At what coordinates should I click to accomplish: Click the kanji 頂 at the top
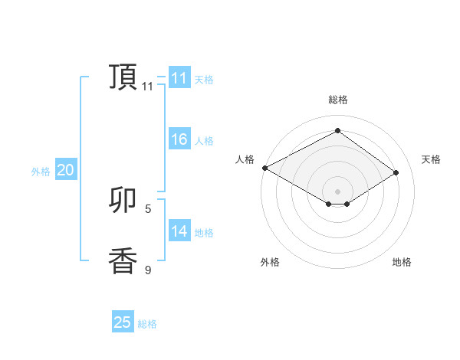tap(123, 77)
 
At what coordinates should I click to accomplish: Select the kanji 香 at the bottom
tap(123, 261)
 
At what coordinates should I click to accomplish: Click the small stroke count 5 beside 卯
tap(148, 208)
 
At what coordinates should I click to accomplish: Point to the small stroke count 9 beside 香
tap(148, 270)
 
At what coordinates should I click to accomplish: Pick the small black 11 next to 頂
tap(148, 87)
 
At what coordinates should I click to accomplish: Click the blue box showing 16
tap(179, 140)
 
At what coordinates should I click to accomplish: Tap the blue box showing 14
tap(179, 231)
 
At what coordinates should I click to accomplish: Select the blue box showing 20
tap(65, 171)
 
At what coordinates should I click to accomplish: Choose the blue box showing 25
tap(123, 322)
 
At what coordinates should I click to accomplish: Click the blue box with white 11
tap(179, 78)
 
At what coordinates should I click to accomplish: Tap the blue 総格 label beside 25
tap(147, 324)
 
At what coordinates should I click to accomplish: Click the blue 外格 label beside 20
tap(41, 172)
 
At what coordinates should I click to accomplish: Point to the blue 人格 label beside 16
tap(204, 141)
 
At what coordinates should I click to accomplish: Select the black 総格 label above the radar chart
tap(337, 100)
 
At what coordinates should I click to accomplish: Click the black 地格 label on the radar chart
tap(402, 262)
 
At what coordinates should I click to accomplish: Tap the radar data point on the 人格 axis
tap(264, 168)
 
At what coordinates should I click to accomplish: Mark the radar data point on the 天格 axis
tap(396, 173)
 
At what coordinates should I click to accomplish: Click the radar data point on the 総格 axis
tap(337, 130)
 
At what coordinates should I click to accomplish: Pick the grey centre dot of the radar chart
tap(337, 191)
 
